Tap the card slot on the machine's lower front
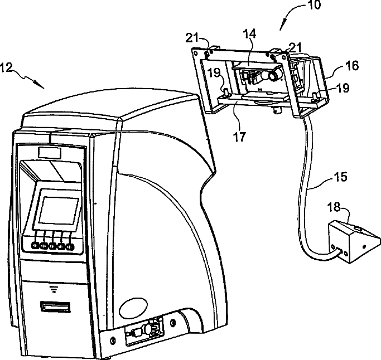coord(56,307)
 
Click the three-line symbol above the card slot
coord(55,288)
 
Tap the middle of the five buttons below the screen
coord(53,245)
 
